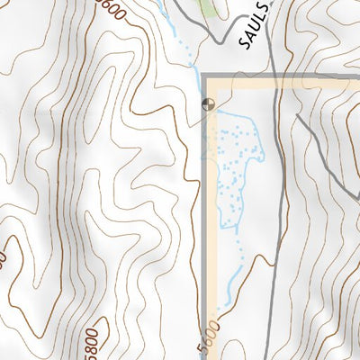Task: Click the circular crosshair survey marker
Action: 208,104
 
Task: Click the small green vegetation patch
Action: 211,6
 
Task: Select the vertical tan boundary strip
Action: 213,225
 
